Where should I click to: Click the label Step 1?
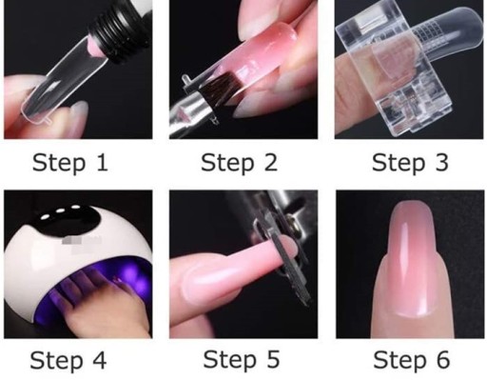[x=70, y=163]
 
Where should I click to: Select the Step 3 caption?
[x=410, y=163]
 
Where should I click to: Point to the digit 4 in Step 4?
[x=98, y=360]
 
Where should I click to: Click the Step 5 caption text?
[x=241, y=360]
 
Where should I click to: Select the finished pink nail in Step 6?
[x=410, y=259]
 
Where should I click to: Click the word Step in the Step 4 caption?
[x=56, y=361]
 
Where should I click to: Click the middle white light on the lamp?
[x=60, y=210]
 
